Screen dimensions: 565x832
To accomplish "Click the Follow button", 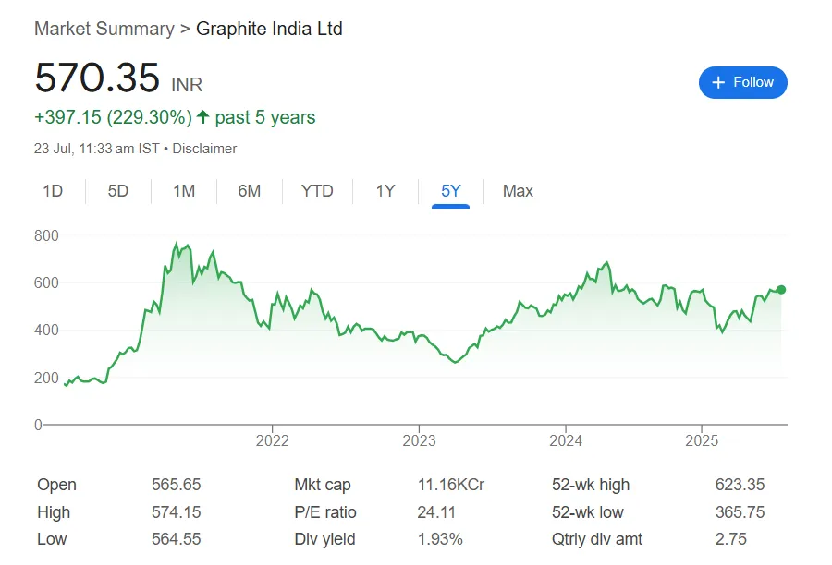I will pyautogui.click(x=742, y=82).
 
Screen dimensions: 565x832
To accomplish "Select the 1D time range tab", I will pyautogui.click(x=53, y=191).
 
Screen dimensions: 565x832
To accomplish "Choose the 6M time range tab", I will pyautogui.click(x=249, y=191).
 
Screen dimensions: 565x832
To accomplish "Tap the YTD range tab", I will pyautogui.click(x=317, y=191).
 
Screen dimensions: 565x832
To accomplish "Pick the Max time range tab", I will pyautogui.click(x=518, y=191).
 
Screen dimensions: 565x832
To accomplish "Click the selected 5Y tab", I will pyautogui.click(x=450, y=191).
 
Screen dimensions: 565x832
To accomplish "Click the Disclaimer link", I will pyautogui.click(x=204, y=149).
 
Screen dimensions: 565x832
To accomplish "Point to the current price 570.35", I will pyautogui.click(x=97, y=78).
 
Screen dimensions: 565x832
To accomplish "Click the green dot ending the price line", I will pyautogui.click(x=781, y=290).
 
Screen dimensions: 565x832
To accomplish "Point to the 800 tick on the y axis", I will pyautogui.click(x=46, y=236).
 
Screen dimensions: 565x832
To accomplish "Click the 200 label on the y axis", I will pyautogui.click(x=46, y=378).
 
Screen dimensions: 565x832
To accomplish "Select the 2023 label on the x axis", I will pyautogui.click(x=419, y=440).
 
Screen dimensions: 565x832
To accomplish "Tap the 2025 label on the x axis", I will pyautogui.click(x=702, y=440).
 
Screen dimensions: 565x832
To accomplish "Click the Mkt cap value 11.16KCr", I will pyautogui.click(x=451, y=485).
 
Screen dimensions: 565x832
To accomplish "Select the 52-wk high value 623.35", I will pyautogui.click(x=740, y=485).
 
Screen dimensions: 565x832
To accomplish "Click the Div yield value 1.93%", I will pyautogui.click(x=440, y=539).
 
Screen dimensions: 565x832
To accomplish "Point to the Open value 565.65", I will pyautogui.click(x=176, y=485).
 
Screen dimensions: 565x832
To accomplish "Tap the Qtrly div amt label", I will pyautogui.click(x=596, y=539).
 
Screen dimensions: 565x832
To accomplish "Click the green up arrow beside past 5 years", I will pyautogui.click(x=203, y=117).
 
